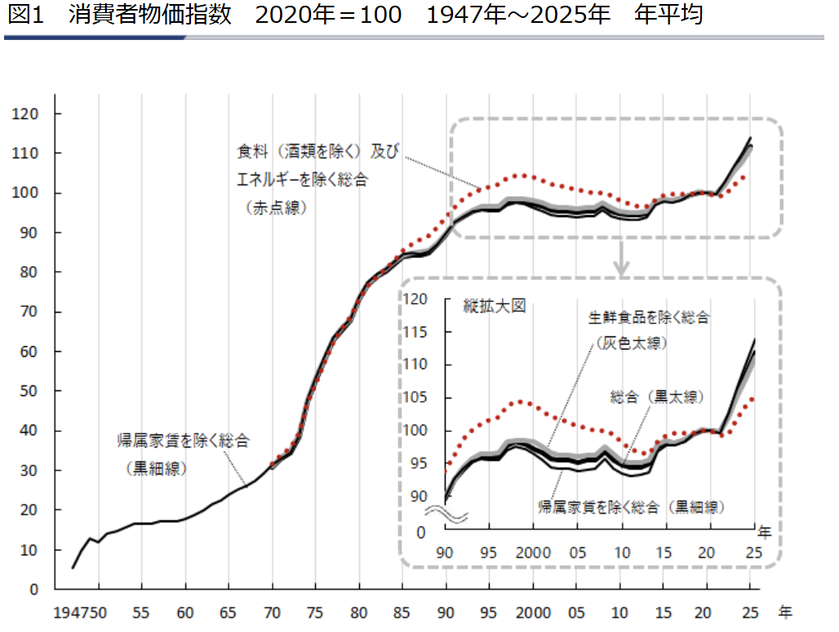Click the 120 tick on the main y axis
(x=25, y=114)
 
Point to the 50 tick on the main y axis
(x=29, y=391)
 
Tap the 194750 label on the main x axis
(x=80, y=612)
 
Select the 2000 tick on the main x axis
(x=533, y=612)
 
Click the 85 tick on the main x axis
(x=402, y=612)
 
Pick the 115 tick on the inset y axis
(x=415, y=332)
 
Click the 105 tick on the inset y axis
(x=415, y=398)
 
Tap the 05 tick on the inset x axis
(x=577, y=552)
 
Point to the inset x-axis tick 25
(x=754, y=552)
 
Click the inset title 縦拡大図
(x=495, y=306)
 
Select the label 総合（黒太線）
(x=657, y=397)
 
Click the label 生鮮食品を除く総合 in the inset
(x=649, y=318)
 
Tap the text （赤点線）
(x=276, y=207)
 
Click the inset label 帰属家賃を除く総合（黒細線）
(x=632, y=507)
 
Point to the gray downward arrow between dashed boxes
(x=621, y=258)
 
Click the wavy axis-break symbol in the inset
(x=446, y=514)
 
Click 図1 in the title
(x=25, y=15)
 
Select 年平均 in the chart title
(x=668, y=15)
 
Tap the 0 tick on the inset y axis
(x=421, y=533)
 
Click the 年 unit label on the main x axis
(x=785, y=612)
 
